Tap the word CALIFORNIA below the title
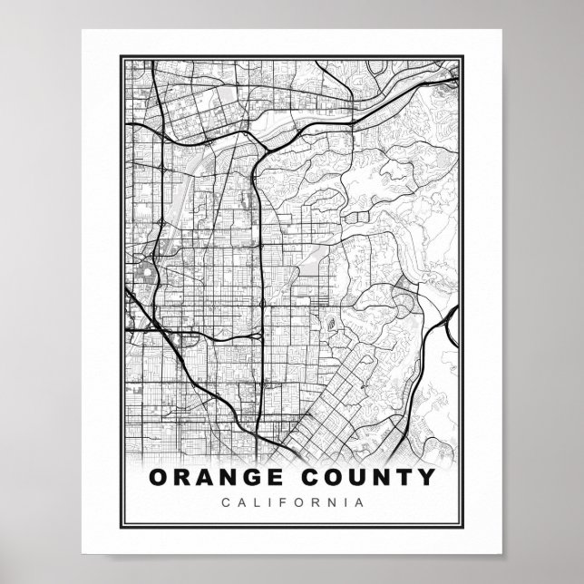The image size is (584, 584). (x=291, y=501)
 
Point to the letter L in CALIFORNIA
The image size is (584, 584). (x=253, y=501)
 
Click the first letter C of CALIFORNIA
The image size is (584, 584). (x=224, y=501)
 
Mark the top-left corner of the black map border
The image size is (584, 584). (x=121, y=55)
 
